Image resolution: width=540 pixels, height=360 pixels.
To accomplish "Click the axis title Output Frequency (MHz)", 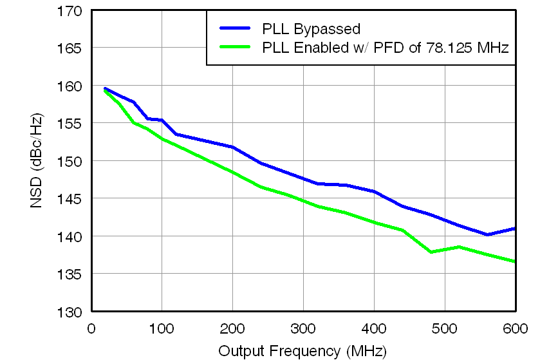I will click(x=303, y=351).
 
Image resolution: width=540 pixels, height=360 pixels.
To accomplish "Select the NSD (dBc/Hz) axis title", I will click(x=37, y=161).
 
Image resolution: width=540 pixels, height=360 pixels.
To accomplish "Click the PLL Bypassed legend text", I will click(x=311, y=29).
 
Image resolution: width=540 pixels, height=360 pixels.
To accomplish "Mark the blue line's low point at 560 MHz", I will click(x=487, y=234).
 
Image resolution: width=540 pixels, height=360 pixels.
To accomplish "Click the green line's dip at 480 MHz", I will click(x=431, y=252).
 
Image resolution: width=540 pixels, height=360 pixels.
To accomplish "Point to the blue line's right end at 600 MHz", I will click(x=515, y=229).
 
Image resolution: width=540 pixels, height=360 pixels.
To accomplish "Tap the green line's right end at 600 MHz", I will click(x=515, y=261).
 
